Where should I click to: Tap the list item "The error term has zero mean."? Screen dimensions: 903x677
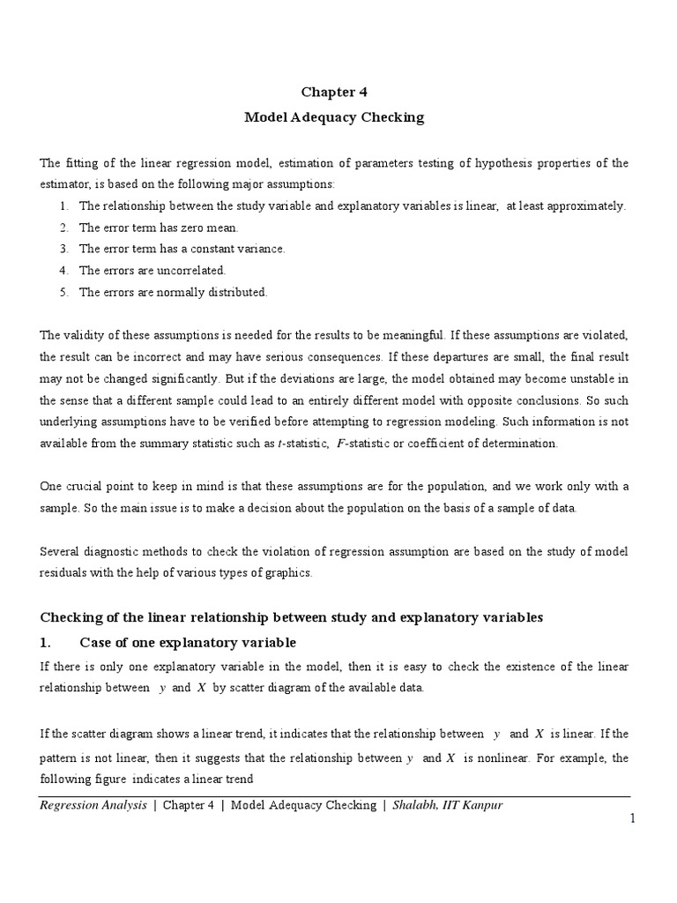click(x=159, y=228)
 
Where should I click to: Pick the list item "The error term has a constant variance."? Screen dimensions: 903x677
click(x=182, y=249)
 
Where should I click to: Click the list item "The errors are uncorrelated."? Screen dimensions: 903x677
click(x=152, y=271)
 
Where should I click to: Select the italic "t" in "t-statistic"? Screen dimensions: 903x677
click(x=279, y=444)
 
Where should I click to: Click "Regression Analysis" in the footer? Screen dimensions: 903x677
click(x=93, y=805)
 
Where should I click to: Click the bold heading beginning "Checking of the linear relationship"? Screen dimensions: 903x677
click(x=292, y=617)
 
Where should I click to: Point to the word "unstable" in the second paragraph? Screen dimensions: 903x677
click(x=588, y=379)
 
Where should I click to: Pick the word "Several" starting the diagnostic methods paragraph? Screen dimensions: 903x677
click(x=61, y=552)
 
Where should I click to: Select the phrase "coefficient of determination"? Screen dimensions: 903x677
click(x=480, y=444)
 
